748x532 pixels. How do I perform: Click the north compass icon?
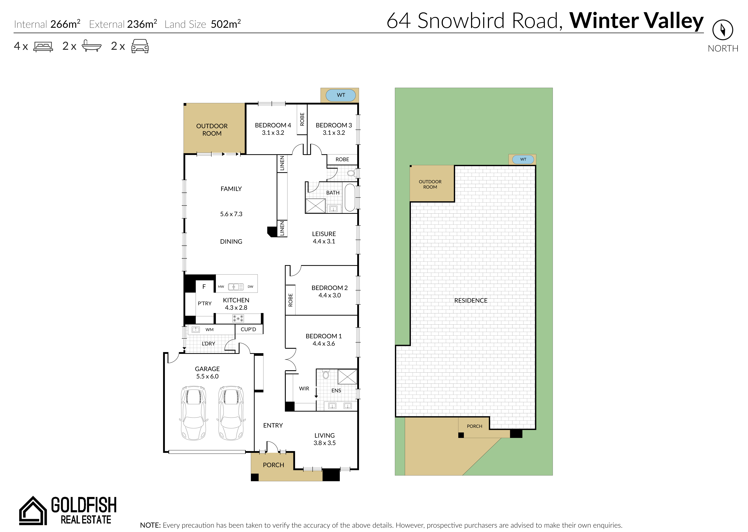tap(723, 30)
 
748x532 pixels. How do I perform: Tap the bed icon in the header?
tap(43, 47)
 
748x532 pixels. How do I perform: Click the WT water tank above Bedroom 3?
tap(341, 95)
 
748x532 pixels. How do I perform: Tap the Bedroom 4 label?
tap(273, 129)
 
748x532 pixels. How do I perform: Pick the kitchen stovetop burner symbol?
tap(238, 318)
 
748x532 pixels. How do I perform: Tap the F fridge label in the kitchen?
tap(204, 287)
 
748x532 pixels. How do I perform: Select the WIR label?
tap(304, 389)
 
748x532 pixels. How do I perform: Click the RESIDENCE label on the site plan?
tap(471, 300)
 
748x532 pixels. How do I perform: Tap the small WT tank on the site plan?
tap(523, 159)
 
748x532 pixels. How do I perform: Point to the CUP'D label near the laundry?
tap(248, 329)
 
